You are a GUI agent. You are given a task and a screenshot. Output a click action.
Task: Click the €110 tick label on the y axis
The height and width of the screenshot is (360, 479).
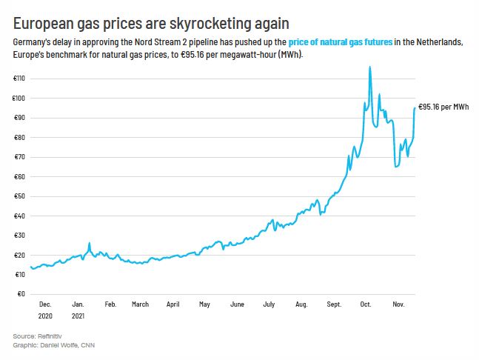point(18,79)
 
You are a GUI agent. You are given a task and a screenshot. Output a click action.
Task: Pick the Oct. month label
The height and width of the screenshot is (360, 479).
point(365,304)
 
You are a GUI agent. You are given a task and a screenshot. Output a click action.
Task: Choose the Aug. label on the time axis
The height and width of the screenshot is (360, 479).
point(301,304)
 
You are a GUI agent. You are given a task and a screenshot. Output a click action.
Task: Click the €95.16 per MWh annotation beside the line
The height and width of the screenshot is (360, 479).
point(443,107)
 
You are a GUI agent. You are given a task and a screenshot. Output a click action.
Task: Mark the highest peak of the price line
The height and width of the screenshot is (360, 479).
point(370,67)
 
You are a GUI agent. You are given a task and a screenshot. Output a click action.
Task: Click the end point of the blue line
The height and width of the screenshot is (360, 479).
point(415,107)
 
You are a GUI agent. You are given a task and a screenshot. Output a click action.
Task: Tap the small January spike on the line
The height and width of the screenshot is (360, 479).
point(90,244)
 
